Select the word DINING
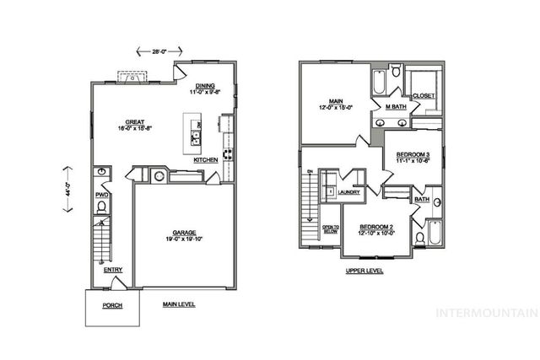click(x=205, y=85)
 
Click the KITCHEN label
click(x=206, y=159)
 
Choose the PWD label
click(x=101, y=195)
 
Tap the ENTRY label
click(x=113, y=270)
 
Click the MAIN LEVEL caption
click(x=179, y=304)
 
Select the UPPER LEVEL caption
click(x=364, y=271)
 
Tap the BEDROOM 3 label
click(x=413, y=154)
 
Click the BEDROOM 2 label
click(x=376, y=228)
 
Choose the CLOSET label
click(x=424, y=95)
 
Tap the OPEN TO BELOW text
click(x=330, y=228)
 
